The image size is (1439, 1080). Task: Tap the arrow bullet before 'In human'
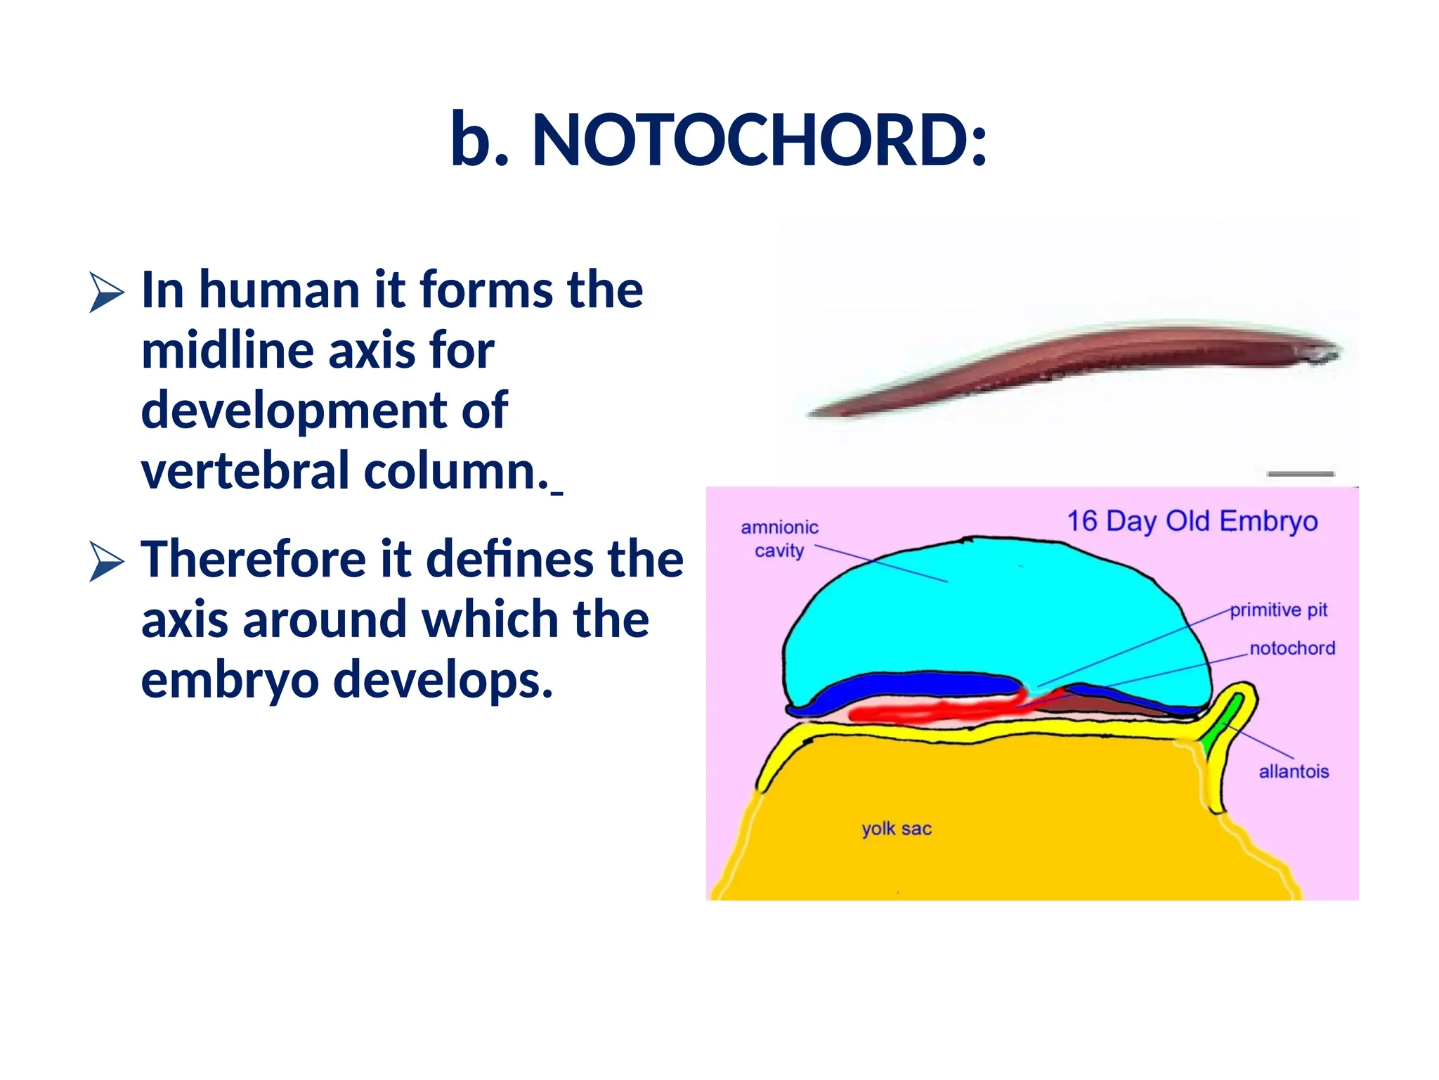click(x=106, y=292)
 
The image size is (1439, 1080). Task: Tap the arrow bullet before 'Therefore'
click(x=106, y=561)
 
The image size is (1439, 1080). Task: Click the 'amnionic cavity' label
click(x=779, y=539)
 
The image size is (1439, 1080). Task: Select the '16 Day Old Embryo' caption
click(x=1192, y=521)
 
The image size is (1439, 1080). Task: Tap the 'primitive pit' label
click(x=1278, y=610)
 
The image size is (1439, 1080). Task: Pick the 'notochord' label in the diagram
click(x=1291, y=648)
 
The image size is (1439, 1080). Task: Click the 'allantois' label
click(x=1293, y=771)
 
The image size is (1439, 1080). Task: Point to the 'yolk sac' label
click(x=896, y=828)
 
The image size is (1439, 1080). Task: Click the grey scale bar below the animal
click(x=1300, y=474)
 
